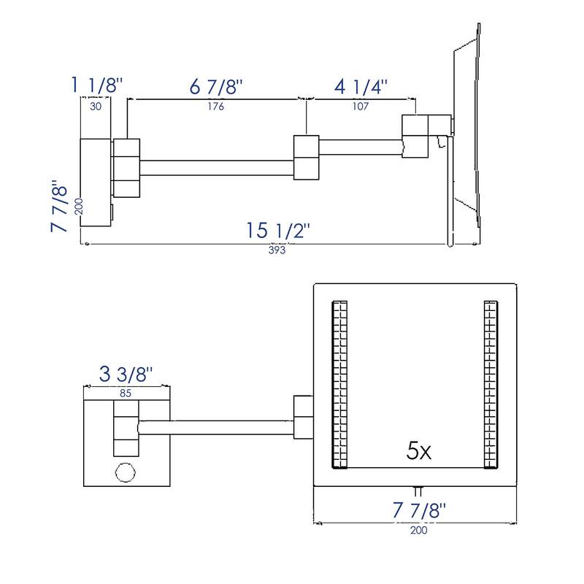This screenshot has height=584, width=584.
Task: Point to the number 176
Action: point(215,106)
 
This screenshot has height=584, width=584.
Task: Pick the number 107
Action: point(361,106)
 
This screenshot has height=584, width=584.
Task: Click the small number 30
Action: point(96,106)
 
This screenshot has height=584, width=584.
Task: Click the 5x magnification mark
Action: point(419,451)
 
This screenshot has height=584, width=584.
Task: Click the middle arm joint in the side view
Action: point(306,156)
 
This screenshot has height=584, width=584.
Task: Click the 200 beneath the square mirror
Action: point(418,530)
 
